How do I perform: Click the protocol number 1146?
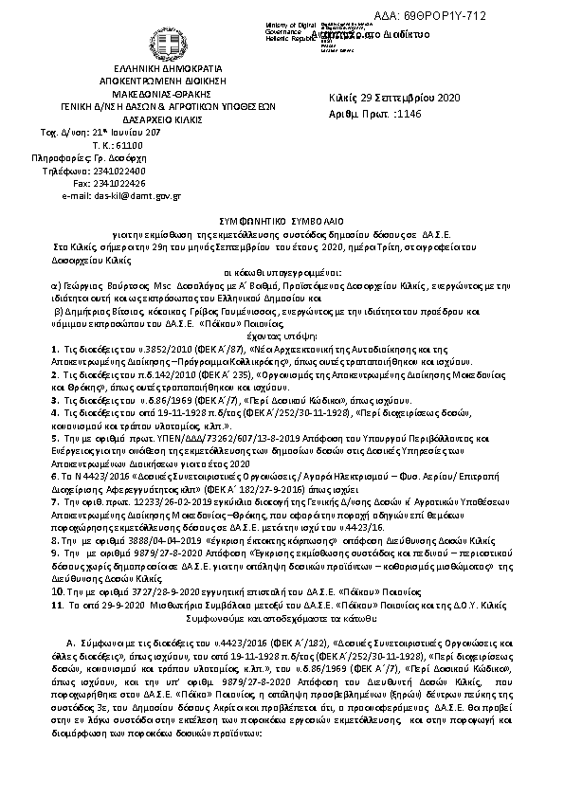point(407,113)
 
